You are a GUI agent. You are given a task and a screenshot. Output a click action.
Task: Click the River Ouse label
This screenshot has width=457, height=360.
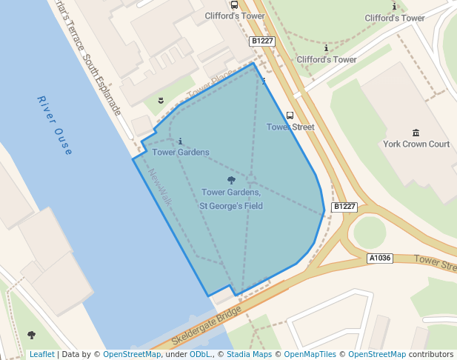(54, 125)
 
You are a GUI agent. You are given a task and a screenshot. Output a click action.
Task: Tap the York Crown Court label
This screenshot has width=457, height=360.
(416, 144)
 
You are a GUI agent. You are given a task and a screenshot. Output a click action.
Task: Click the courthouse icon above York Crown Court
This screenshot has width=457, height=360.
(416, 133)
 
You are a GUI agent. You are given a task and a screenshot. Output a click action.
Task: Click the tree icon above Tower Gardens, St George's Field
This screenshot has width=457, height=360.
(231, 180)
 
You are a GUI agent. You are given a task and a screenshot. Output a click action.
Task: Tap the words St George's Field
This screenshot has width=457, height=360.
(231, 205)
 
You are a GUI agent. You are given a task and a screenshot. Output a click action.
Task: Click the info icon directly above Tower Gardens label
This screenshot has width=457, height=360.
(180, 140)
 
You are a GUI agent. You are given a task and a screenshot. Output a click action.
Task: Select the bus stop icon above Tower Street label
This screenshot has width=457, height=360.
(290, 116)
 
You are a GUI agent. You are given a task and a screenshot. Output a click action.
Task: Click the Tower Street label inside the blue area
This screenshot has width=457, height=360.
(290, 127)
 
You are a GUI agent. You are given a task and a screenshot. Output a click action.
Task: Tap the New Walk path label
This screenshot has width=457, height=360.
(160, 185)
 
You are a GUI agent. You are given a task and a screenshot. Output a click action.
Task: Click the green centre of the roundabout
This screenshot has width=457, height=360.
(369, 232)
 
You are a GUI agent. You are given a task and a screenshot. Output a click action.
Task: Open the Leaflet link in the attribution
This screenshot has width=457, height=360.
(41, 354)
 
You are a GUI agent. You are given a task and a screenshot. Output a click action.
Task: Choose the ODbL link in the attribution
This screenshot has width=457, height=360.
(199, 354)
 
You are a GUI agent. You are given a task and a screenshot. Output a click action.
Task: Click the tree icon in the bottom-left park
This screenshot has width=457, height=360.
(31, 335)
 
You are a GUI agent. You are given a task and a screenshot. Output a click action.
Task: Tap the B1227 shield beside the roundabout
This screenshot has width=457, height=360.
(344, 207)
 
